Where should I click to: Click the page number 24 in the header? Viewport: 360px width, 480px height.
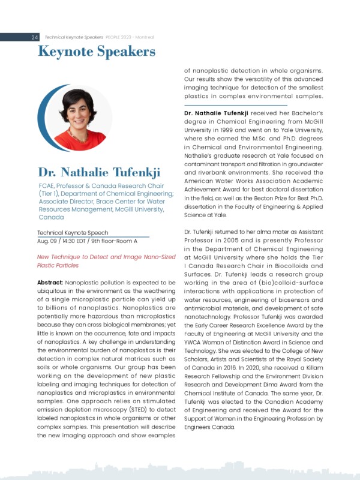click(x=35, y=37)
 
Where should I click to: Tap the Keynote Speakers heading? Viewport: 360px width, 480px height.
click(x=96, y=52)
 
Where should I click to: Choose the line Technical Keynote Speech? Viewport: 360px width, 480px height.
click(x=73, y=232)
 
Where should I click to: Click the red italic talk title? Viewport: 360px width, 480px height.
click(x=106, y=260)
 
